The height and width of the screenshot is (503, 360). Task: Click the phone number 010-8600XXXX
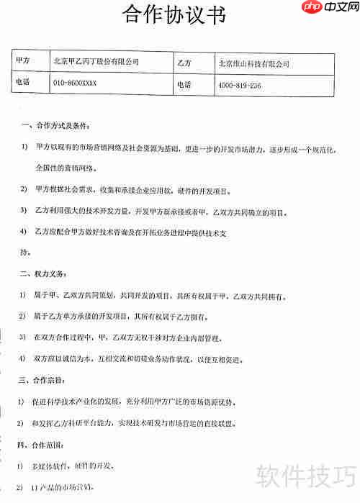point(75,83)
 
